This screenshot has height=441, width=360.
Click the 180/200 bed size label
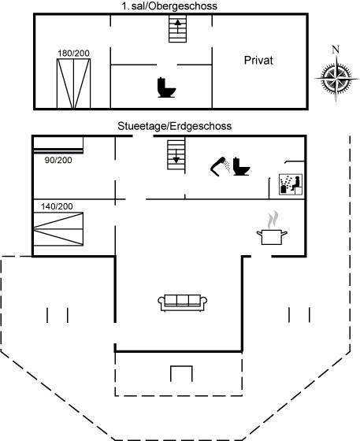pyautogui.click(x=74, y=54)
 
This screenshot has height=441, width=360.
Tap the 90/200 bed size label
pyautogui.click(x=58, y=160)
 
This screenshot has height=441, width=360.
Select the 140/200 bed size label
pyautogui.click(x=57, y=206)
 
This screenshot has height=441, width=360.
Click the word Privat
pyautogui.click(x=258, y=61)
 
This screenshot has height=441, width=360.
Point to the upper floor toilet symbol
pyautogui.click(x=166, y=87)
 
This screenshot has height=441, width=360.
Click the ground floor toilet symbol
pyautogui.click(x=241, y=166)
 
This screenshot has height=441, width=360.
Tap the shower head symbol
pyautogui.click(x=221, y=166)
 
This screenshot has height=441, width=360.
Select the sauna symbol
pyautogui.click(x=291, y=184)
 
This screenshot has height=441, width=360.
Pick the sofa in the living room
pyautogui.click(x=182, y=303)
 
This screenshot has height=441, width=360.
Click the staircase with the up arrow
pyautogui.click(x=177, y=28)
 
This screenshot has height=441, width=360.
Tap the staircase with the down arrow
pyautogui.click(x=176, y=154)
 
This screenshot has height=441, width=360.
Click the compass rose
pyautogui.click(x=336, y=78)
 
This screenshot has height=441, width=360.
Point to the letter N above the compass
pyautogui.click(x=336, y=50)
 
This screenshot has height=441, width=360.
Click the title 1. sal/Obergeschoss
pyautogui.click(x=169, y=6)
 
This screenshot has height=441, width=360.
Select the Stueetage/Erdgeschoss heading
pyautogui.click(x=175, y=126)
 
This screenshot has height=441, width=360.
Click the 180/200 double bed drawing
pyautogui.click(x=74, y=83)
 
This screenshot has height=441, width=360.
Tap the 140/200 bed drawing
pyautogui.click(x=58, y=229)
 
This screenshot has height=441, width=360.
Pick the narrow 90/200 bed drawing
pyautogui.click(x=58, y=145)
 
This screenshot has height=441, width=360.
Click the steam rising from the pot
pyautogui.click(x=273, y=220)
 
